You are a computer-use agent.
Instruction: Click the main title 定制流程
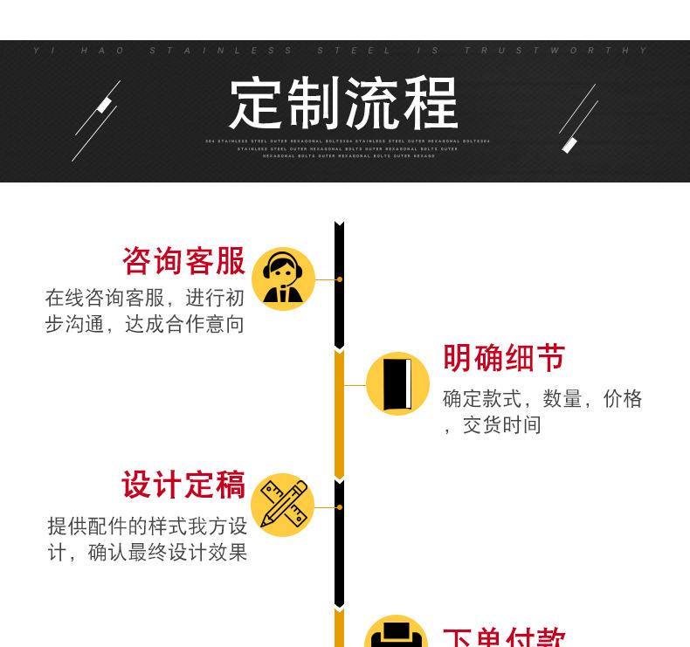344,104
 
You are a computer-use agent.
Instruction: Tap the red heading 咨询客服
183,261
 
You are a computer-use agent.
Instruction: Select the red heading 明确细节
504,358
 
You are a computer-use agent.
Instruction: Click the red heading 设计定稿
183,485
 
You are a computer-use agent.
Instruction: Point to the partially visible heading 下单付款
504,637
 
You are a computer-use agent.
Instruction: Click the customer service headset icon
283,279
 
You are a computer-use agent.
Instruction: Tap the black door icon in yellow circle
397,384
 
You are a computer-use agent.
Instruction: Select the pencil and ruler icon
283,506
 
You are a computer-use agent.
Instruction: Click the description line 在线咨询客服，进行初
145,298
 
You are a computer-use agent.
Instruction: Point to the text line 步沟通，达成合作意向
145,325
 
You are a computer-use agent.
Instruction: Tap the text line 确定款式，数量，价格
542,399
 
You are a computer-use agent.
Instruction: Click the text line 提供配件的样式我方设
147,526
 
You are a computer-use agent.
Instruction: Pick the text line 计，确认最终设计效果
147,553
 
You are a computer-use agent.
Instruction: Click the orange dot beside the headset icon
339,279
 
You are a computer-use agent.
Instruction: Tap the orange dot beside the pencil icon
339,506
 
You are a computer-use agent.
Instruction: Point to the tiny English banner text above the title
344,51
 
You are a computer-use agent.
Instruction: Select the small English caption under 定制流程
348,148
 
